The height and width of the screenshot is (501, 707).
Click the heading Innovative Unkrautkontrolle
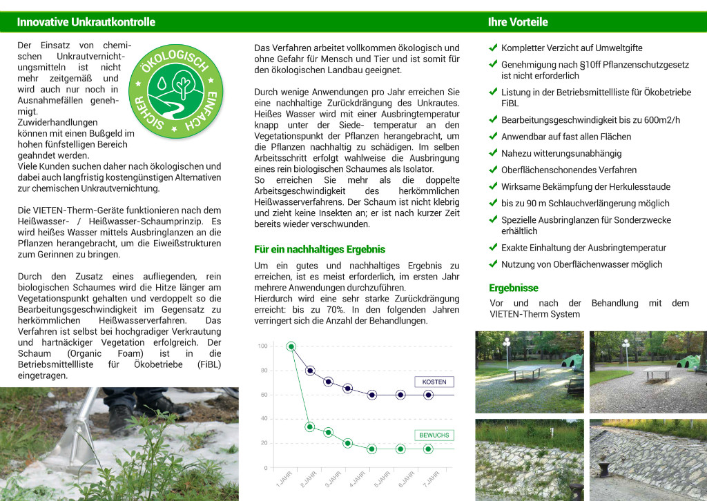click(x=86, y=22)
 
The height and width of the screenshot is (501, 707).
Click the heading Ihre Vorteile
click(x=518, y=22)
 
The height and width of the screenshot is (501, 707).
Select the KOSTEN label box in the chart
click(x=434, y=382)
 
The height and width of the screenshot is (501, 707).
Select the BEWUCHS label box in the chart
click(x=434, y=435)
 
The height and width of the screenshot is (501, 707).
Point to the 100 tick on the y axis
click(x=262, y=346)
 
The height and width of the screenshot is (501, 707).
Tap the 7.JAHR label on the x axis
click(x=431, y=480)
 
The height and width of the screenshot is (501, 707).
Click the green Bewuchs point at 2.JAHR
click(x=310, y=427)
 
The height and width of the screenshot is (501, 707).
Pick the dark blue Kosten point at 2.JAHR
click(x=310, y=371)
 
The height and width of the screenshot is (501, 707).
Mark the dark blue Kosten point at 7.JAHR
click(x=428, y=395)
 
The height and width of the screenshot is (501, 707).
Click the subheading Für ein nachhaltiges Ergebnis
click(x=320, y=249)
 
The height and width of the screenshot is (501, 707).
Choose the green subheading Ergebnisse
click(x=513, y=288)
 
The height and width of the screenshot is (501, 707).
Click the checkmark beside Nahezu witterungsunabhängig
click(x=493, y=153)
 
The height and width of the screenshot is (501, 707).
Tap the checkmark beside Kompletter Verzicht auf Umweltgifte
click(x=493, y=48)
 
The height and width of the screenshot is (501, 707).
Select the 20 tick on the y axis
click(x=263, y=443)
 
